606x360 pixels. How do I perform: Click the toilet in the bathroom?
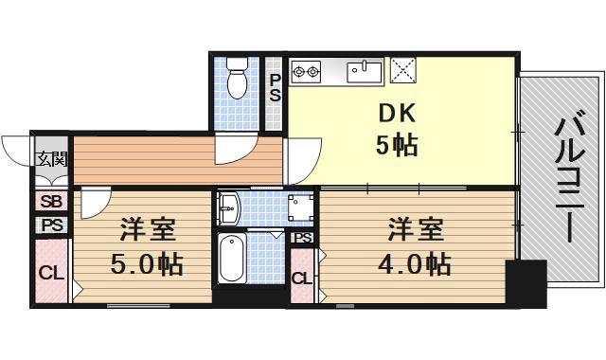click(x=237, y=79)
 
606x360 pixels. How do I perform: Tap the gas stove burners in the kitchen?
click(x=306, y=69)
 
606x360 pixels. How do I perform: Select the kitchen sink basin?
click(x=363, y=70)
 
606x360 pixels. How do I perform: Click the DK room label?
click(x=397, y=112)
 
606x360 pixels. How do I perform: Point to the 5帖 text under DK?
click(x=398, y=146)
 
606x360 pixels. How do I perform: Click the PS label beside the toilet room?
click(x=275, y=88)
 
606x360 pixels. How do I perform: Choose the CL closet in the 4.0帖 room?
click(x=301, y=277)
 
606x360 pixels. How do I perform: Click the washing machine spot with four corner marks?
click(x=301, y=208)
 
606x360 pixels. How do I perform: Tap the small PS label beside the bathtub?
click(x=302, y=238)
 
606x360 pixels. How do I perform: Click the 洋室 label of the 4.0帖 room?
click(x=414, y=230)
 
